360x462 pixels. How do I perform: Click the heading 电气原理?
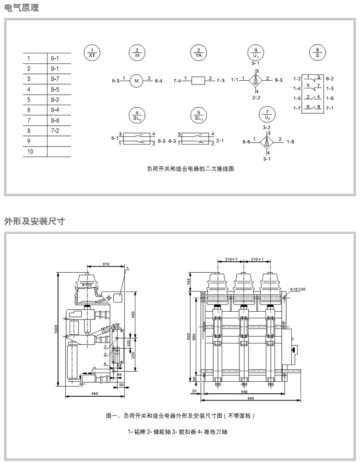[x=22, y=8]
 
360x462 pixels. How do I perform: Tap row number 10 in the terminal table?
[x=30, y=151]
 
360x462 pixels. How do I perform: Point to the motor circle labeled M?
[x=136, y=80]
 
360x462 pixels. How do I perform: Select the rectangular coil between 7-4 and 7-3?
[x=198, y=80]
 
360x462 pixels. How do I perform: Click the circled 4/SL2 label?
[x=136, y=115]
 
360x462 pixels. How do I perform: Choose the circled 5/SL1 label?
[x=198, y=115]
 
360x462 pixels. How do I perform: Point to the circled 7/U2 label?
[x=267, y=115]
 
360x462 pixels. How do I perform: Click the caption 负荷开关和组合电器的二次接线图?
[x=191, y=169]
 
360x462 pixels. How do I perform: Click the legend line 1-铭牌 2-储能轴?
[x=177, y=432]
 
